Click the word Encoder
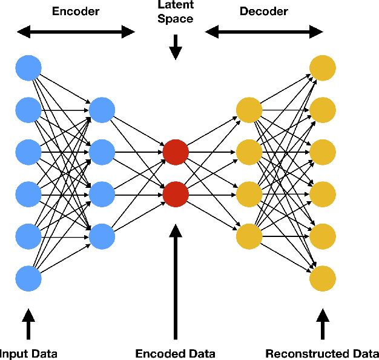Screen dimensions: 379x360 click(x=76, y=12)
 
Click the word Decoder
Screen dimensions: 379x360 click(x=264, y=12)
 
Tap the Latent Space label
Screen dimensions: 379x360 click(x=176, y=12)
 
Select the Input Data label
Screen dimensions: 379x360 click(x=28, y=354)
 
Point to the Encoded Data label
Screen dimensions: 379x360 click(x=175, y=354)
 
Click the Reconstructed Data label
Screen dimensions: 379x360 click(x=322, y=354)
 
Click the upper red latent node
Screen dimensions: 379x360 click(x=176, y=152)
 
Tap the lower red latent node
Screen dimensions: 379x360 click(x=176, y=195)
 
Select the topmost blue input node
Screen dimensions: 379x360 click(x=28, y=68)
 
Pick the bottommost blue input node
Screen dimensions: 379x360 click(x=28, y=278)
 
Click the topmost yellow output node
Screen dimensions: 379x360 click(x=323, y=68)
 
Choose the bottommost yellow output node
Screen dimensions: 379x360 click(x=323, y=278)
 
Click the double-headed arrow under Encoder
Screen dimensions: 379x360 click(x=76, y=32)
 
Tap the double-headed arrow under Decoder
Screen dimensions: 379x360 click(x=264, y=32)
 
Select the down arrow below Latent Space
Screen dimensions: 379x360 click(x=176, y=47)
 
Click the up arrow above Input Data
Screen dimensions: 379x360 click(x=28, y=324)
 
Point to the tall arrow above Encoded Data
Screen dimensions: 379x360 click(x=176, y=282)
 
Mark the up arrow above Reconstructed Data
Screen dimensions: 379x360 click(x=323, y=324)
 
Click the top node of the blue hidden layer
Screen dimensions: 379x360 click(x=102, y=110)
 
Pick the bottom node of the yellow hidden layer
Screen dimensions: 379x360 click(x=249, y=236)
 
